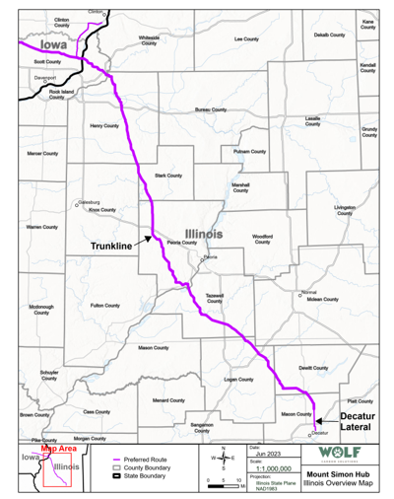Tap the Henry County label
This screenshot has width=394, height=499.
(103, 126)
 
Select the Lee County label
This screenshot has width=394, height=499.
(246, 38)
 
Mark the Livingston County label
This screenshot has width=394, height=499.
(345, 209)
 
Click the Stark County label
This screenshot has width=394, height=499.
(168, 176)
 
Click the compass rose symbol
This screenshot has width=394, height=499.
(217, 459)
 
